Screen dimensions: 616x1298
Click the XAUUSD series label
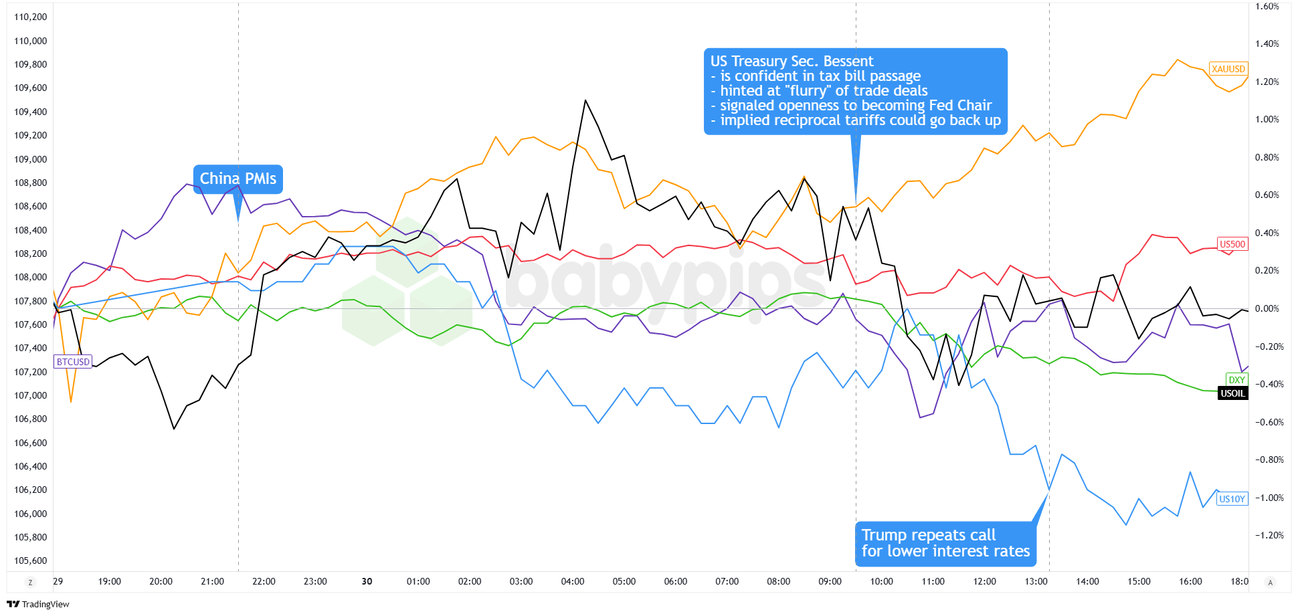[x=1228, y=69]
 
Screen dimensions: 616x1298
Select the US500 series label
[x=1232, y=244]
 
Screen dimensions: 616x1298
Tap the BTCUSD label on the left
[x=73, y=362]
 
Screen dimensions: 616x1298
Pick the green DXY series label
[x=1236, y=380]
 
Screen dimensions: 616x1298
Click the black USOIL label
[x=1233, y=393]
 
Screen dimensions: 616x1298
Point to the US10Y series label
[x=1232, y=499]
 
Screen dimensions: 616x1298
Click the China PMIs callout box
[x=238, y=179]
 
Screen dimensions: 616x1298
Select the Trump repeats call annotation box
[x=945, y=543]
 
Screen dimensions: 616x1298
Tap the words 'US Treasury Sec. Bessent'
[x=792, y=62]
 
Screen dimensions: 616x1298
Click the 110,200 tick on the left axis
[x=31, y=17]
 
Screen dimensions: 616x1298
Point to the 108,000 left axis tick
[x=31, y=277]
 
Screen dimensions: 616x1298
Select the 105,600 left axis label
[x=31, y=560]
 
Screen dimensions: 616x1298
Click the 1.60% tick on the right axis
[x=1267, y=6]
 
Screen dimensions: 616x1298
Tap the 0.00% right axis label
[x=1267, y=308]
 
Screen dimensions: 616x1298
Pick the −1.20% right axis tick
[x=1267, y=535]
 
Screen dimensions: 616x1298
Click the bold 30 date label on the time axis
[x=367, y=581]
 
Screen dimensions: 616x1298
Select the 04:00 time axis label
[x=573, y=581]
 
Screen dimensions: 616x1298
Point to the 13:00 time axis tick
[x=1036, y=581]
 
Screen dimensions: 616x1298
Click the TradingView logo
[x=38, y=604]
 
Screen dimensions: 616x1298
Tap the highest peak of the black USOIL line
[x=585, y=100]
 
